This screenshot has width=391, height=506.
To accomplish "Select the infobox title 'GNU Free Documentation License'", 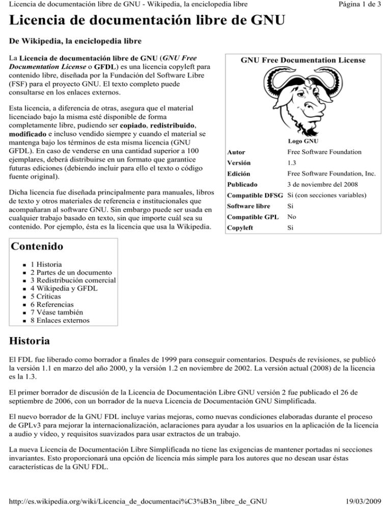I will [302, 60].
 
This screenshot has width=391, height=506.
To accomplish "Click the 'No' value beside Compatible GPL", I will [292, 216].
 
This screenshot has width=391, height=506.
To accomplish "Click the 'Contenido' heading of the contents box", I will [35, 247].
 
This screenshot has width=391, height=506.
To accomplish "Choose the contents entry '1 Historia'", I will [46, 264].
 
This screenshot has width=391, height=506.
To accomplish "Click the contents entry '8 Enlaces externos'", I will [60, 320].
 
